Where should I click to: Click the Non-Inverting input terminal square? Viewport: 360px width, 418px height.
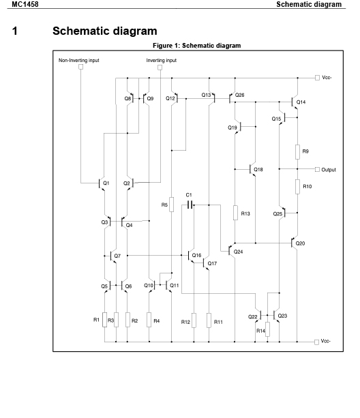[x=80, y=67]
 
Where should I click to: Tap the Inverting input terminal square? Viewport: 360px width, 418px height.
[x=160, y=68]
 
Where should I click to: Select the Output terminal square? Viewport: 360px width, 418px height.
[x=317, y=170]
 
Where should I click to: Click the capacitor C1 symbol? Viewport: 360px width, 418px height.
[x=190, y=205]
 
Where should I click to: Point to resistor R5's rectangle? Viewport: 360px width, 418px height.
[x=172, y=205]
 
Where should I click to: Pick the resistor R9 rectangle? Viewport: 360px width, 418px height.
[x=297, y=152]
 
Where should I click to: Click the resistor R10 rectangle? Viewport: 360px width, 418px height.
[x=297, y=187]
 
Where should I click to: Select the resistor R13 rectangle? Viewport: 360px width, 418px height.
[x=235, y=213]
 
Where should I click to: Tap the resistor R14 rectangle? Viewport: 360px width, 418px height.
[x=267, y=329]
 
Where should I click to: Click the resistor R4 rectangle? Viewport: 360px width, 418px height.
[x=149, y=320]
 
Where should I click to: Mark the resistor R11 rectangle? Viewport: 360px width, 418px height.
[x=209, y=320]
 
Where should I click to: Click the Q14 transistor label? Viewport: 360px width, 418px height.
[x=301, y=102]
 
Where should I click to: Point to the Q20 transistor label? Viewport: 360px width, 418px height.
[x=300, y=243]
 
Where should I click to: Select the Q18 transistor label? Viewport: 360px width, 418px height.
[x=258, y=170]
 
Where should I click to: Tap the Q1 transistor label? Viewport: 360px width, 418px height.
[x=106, y=183]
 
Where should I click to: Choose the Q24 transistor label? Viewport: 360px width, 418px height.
[x=238, y=252]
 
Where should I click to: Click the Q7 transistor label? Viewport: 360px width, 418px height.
[x=117, y=256]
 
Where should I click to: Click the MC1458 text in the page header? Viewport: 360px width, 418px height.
[x=25, y=4]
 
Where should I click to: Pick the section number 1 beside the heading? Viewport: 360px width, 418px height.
[x=15, y=31]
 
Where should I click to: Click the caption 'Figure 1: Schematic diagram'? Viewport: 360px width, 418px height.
[x=196, y=46]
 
